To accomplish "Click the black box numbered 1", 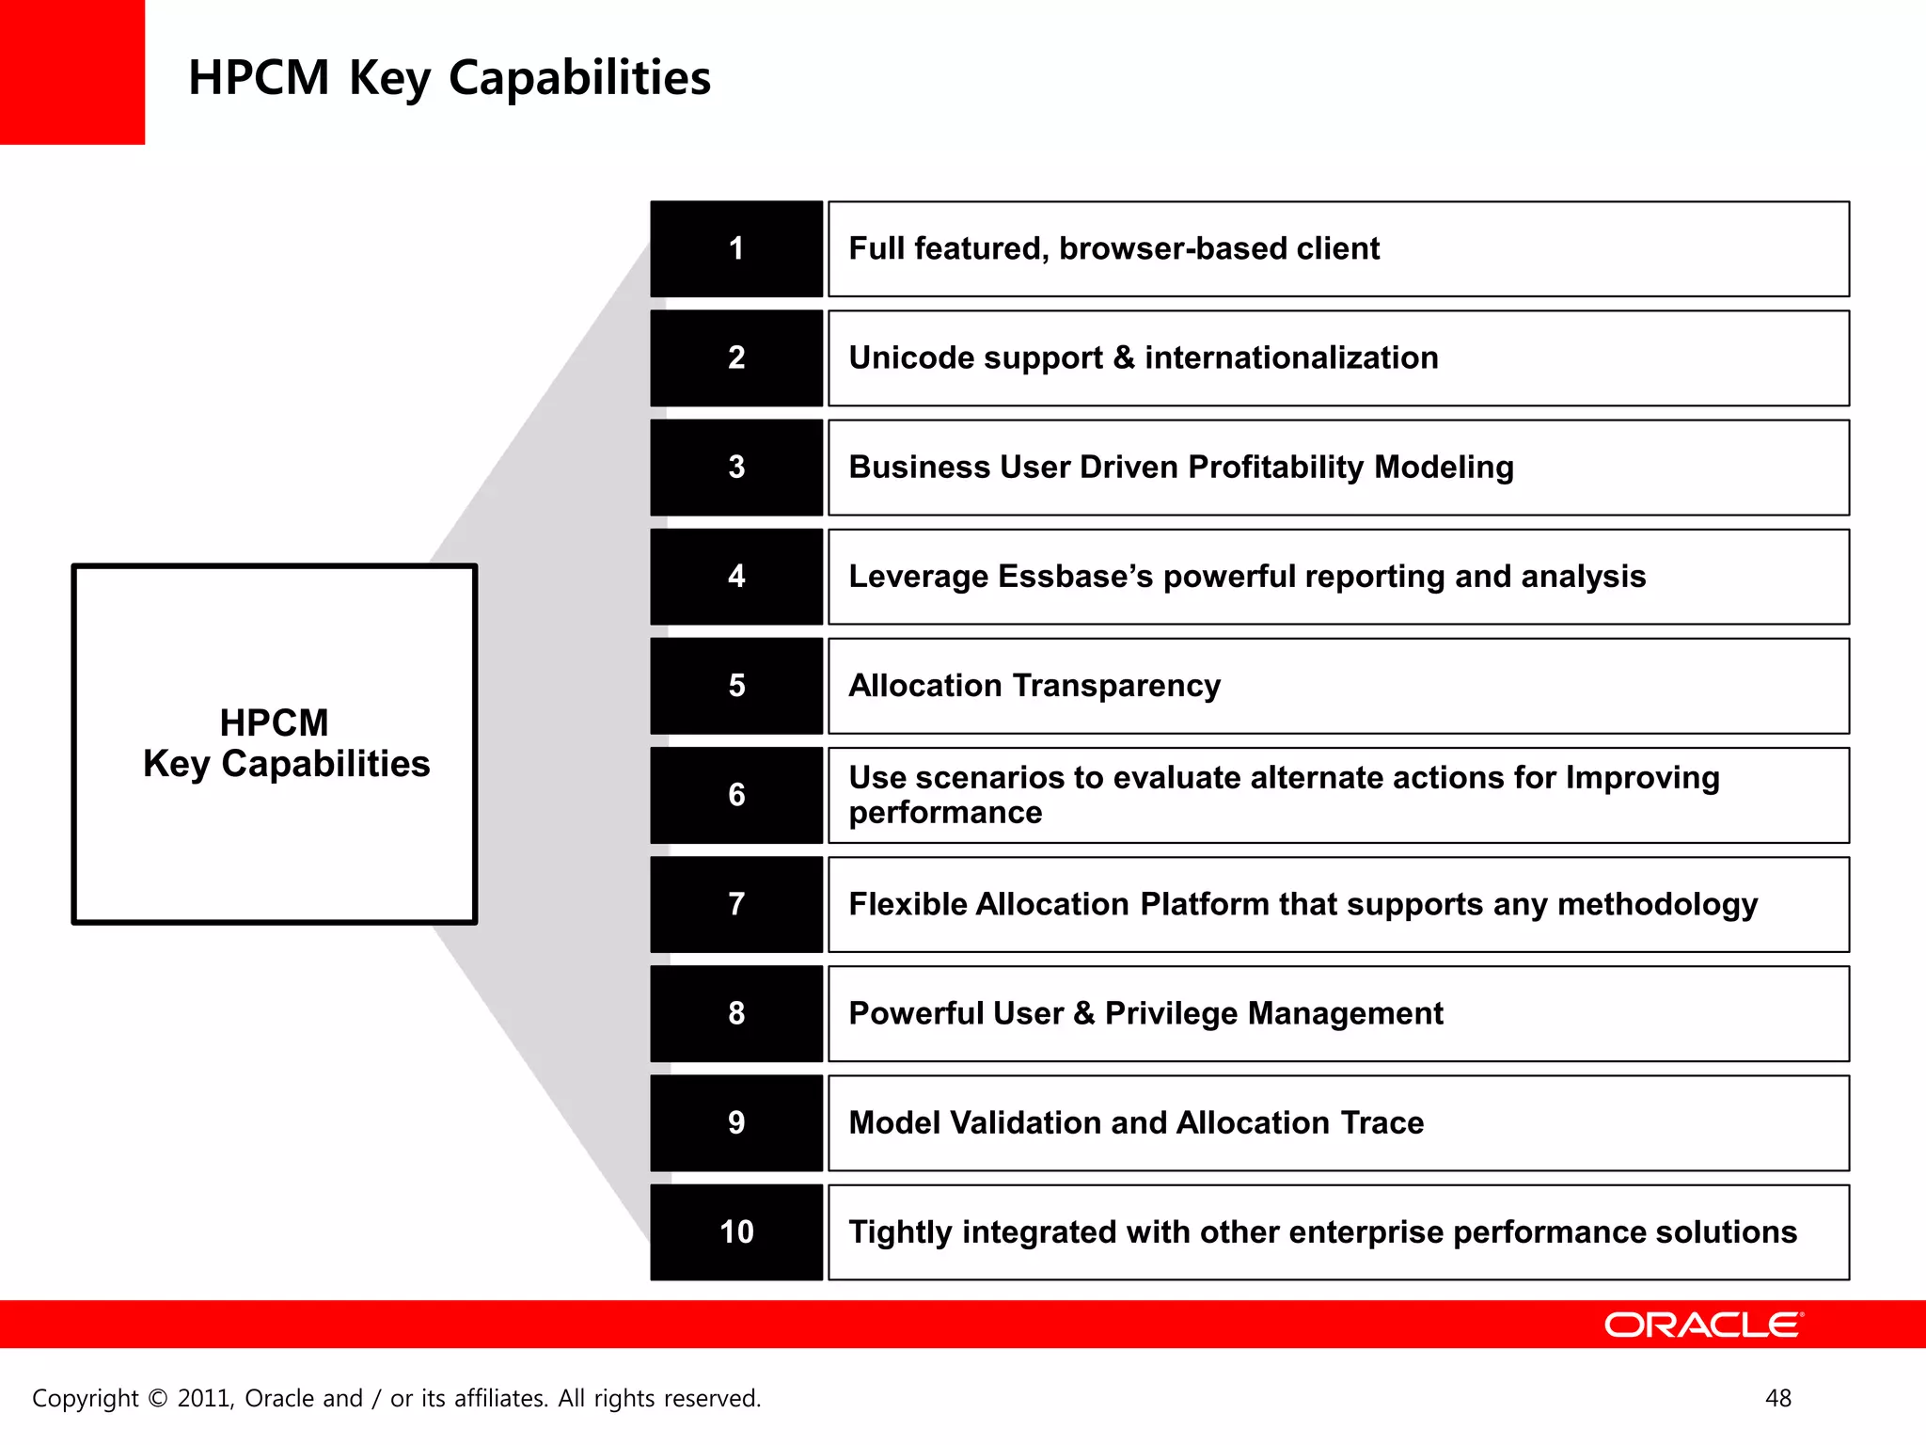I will click(736, 249).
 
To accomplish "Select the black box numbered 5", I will click(736, 686).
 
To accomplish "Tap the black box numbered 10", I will click(736, 1232).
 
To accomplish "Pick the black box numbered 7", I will click(736, 904).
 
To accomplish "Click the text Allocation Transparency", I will click(1034, 686).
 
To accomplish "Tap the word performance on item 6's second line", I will click(945, 813).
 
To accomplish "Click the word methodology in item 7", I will click(1657, 905).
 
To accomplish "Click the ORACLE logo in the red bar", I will click(1703, 1325).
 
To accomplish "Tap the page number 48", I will click(1777, 1398).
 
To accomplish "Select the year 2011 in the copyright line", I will click(205, 1399).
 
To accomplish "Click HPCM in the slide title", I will click(259, 78).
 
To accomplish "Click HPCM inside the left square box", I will click(274, 723).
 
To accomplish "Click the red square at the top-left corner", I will click(71, 71).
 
